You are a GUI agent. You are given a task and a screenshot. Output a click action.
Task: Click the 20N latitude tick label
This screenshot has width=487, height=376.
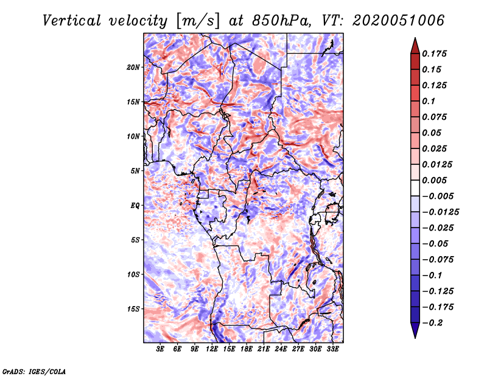134,67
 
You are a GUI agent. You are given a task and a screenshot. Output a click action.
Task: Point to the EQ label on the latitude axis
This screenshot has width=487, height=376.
135,206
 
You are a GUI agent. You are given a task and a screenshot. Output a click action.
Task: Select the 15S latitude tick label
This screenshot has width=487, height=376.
134,309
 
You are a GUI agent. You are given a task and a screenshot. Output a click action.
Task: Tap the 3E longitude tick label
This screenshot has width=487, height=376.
160,349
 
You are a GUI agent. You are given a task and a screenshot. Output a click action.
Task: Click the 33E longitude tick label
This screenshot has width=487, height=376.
332,349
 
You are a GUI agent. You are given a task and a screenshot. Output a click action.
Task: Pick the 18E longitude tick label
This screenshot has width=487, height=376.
247,349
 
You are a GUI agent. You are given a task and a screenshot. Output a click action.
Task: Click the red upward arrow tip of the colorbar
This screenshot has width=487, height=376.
415,43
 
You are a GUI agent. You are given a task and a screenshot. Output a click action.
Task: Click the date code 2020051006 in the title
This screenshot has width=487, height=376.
389,21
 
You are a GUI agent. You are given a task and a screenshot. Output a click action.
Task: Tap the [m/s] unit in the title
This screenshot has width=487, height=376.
195,21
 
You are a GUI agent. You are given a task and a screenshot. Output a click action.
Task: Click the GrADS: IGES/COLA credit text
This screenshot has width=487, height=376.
33,371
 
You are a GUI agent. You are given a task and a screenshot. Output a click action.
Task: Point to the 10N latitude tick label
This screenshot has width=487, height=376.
134,136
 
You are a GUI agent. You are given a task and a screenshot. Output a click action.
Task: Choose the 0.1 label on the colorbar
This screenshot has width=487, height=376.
429,101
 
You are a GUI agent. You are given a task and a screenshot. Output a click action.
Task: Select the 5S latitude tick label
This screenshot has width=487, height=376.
136,240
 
